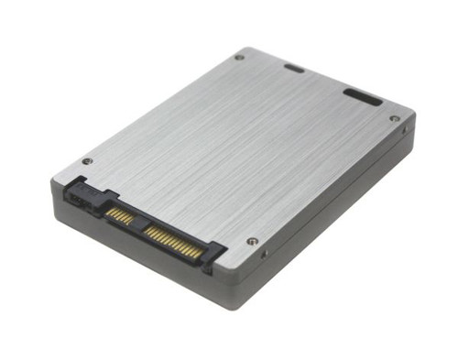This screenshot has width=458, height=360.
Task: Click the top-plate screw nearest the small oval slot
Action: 239,57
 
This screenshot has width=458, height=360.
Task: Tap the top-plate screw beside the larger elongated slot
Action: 394,118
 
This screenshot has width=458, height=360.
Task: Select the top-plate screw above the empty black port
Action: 87,161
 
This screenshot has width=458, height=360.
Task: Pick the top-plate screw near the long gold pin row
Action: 252,242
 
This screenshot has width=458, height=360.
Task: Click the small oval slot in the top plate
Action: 294,68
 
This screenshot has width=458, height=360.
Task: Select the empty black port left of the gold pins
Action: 77,195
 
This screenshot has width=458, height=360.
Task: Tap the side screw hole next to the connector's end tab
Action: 264,254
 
